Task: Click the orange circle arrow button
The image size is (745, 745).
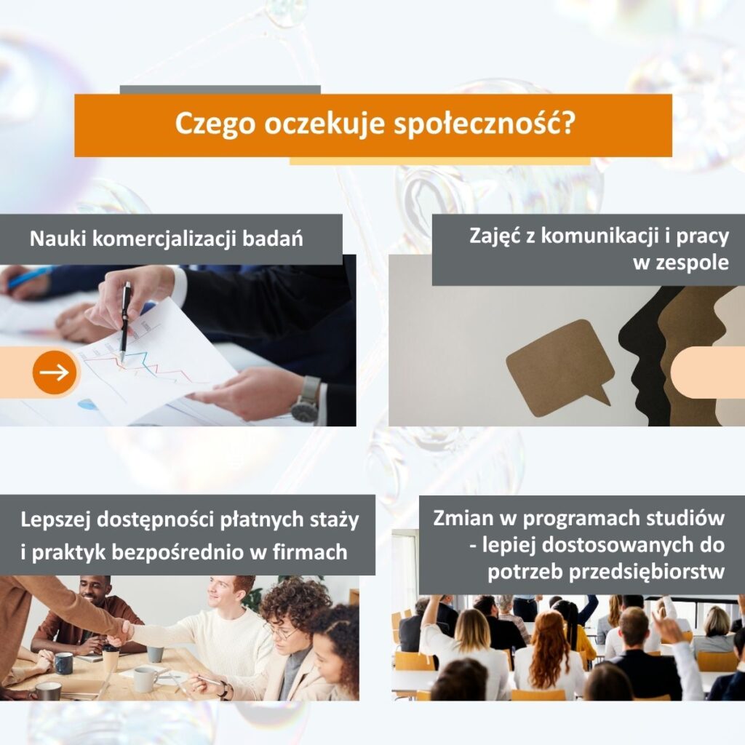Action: (55, 372)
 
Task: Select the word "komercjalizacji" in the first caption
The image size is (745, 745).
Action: (164, 239)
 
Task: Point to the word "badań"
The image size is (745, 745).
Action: (273, 238)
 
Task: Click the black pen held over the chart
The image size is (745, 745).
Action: (125, 322)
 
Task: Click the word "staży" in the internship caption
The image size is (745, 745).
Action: (335, 520)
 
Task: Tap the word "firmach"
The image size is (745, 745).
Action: (310, 553)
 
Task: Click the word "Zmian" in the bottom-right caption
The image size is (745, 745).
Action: (463, 518)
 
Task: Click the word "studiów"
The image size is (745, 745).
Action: (683, 518)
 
